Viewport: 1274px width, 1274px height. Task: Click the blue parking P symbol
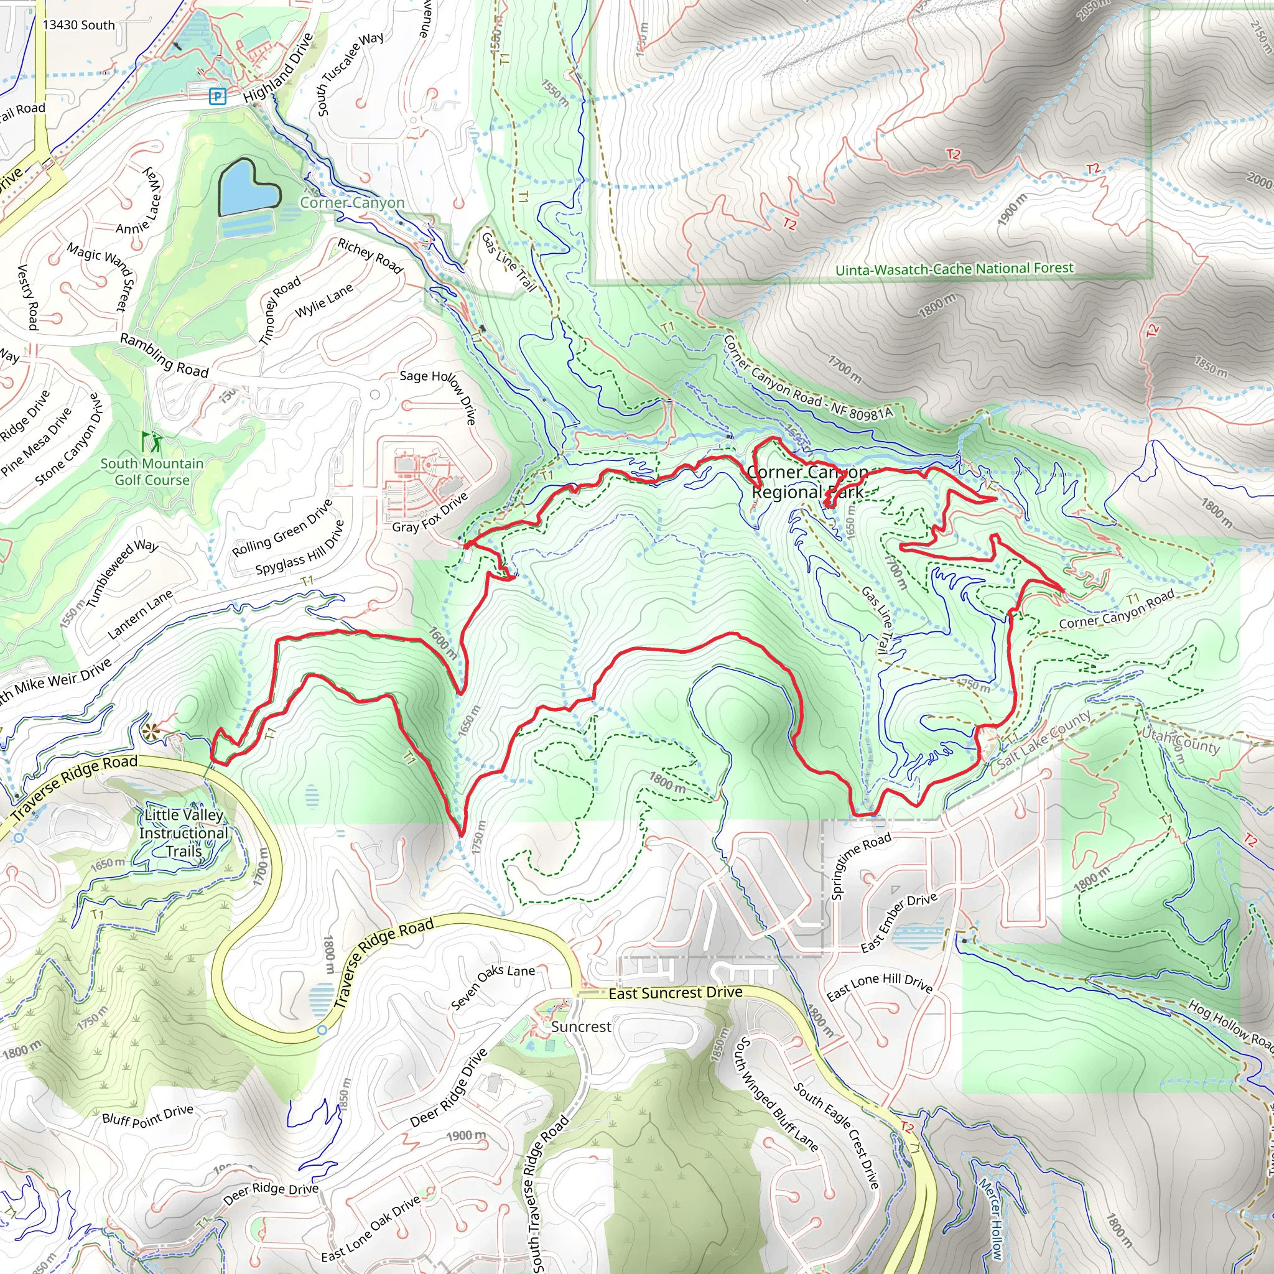[217, 97]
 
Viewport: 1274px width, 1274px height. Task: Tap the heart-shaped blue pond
[248, 188]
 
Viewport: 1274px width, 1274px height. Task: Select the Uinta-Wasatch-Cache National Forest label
[954, 269]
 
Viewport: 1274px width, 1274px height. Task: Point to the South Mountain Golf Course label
[152, 472]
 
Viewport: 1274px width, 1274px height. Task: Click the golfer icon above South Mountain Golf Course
[151, 440]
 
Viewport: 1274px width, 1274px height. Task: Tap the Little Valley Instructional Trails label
[184, 833]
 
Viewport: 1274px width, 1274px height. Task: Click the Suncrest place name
[581, 1026]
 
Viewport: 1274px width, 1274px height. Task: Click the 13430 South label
[78, 25]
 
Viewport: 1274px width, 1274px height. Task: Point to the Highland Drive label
[278, 68]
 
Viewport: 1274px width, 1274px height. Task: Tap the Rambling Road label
[164, 355]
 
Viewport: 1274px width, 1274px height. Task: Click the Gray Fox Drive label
[430, 513]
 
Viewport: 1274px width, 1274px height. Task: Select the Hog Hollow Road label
[1230, 1023]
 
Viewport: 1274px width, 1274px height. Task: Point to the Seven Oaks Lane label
[493, 987]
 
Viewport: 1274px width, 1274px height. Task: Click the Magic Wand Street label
[101, 275]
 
